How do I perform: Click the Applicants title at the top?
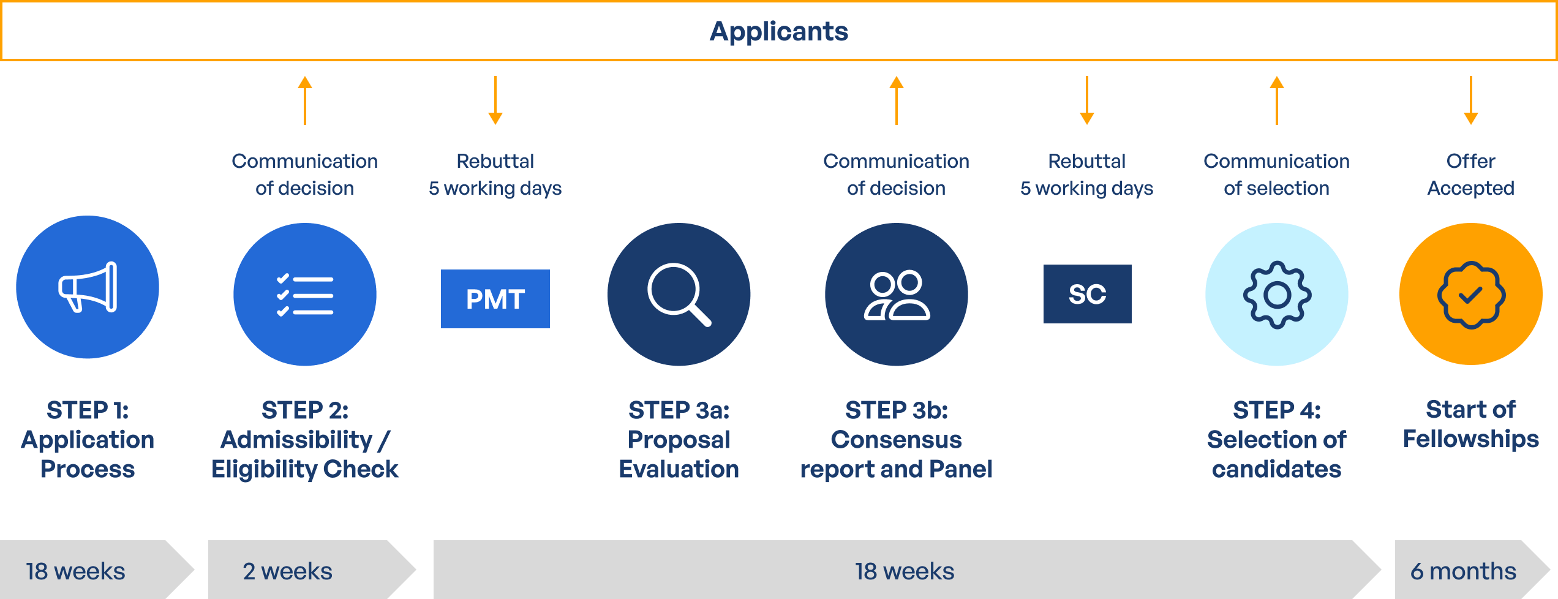coord(778,32)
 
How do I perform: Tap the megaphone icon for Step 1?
coord(88,287)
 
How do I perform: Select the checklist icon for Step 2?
coord(305,295)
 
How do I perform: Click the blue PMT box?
coord(495,299)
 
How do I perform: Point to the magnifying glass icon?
coord(679,295)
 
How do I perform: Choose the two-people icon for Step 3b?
coord(897,295)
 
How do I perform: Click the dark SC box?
coord(1088,294)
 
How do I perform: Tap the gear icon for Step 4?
coord(1277,295)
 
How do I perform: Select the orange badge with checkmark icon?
coord(1471,295)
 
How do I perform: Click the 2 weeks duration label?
coord(287,571)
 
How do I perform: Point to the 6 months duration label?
coord(1463,571)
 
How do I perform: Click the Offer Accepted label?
coord(1470,175)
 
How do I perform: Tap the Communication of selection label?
coord(1276,175)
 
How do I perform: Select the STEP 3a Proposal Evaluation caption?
coord(679,439)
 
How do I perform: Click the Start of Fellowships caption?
coord(1470,424)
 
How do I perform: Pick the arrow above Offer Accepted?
coord(1470,100)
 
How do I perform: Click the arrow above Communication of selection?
coord(1276,100)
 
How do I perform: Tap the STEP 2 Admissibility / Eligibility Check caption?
coord(305,439)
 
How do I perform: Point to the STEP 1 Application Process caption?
coord(88,439)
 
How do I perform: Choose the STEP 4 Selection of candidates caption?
coord(1276,439)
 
